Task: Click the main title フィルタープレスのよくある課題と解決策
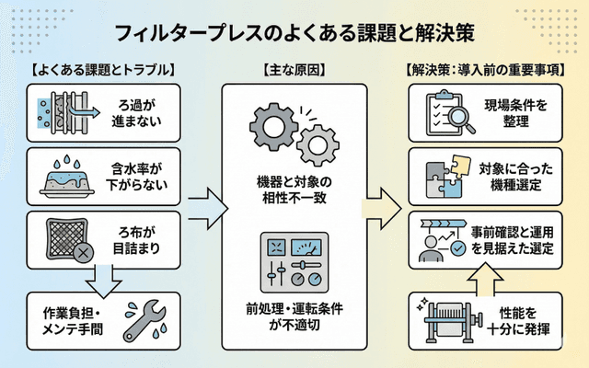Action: pos(294,34)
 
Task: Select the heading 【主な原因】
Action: pos(294,70)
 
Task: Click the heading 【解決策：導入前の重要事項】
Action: pos(486,70)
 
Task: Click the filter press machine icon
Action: pos(447,317)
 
